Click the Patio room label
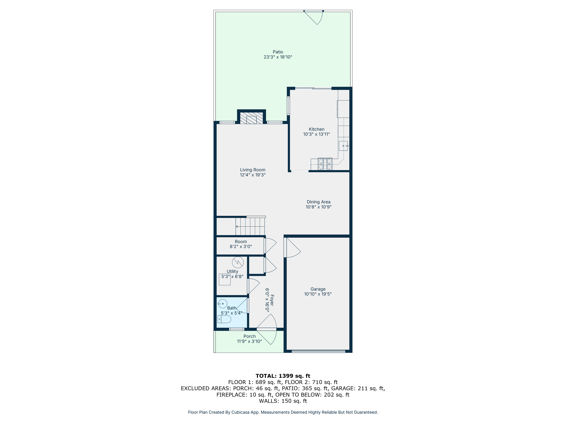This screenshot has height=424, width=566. coord(278,52)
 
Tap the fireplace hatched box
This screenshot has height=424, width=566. coord(251,118)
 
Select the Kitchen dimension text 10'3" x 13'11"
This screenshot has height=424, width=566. coord(317,134)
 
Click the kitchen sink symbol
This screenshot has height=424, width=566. coord(343,146)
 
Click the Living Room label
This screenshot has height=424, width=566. coord(253,170)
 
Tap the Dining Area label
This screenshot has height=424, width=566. coord(319,202)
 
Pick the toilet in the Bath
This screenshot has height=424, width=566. coord(224,319)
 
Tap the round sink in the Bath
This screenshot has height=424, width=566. coord(223,304)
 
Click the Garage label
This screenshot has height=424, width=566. coord(318,289)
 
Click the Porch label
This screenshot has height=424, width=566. coord(249,336)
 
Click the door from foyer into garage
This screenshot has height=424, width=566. coord(292,247)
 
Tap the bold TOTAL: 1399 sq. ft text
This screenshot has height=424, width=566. coord(283,376)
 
